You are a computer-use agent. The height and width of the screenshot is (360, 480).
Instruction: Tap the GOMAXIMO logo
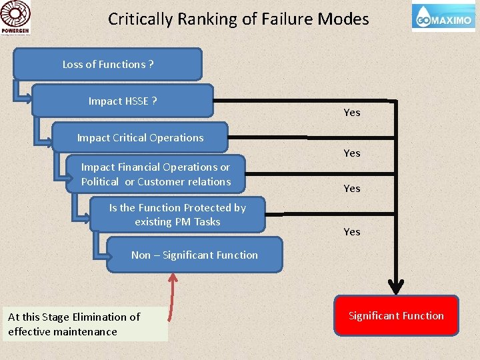(x=443, y=18)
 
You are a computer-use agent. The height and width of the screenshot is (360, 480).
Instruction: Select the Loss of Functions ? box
(x=108, y=65)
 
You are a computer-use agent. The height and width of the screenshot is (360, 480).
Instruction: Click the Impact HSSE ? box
(x=123, y=101)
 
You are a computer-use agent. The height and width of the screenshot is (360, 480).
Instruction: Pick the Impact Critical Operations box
(x=140, y=137)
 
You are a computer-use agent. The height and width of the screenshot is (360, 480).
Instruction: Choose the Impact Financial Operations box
(x=156, y=174)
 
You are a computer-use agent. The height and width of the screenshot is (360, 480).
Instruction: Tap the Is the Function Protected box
(x=177, y=214)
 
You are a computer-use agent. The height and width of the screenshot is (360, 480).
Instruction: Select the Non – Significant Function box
(x=195, y=255)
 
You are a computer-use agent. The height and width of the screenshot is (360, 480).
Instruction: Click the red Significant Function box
(x=396, y=315)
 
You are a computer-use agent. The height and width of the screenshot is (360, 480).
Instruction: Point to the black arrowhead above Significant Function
(x=396, y=287)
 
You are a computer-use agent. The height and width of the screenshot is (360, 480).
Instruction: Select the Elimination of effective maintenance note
(x=85, y=324)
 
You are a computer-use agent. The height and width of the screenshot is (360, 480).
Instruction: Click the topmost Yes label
(x=352, y=112)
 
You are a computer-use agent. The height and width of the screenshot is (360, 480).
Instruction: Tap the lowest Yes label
(x=352, y=231)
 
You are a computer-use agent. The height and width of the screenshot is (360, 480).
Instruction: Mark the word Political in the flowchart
(x=100, y=181)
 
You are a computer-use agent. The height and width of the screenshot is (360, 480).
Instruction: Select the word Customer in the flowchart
(x=160, y=181)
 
